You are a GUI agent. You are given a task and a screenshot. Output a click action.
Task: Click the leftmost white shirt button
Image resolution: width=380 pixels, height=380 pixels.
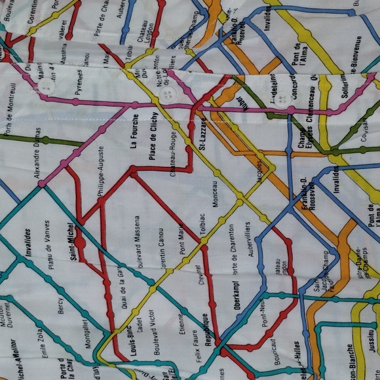[46, 88]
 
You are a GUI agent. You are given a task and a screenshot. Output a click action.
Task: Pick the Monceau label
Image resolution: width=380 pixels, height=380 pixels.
[216, 189]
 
